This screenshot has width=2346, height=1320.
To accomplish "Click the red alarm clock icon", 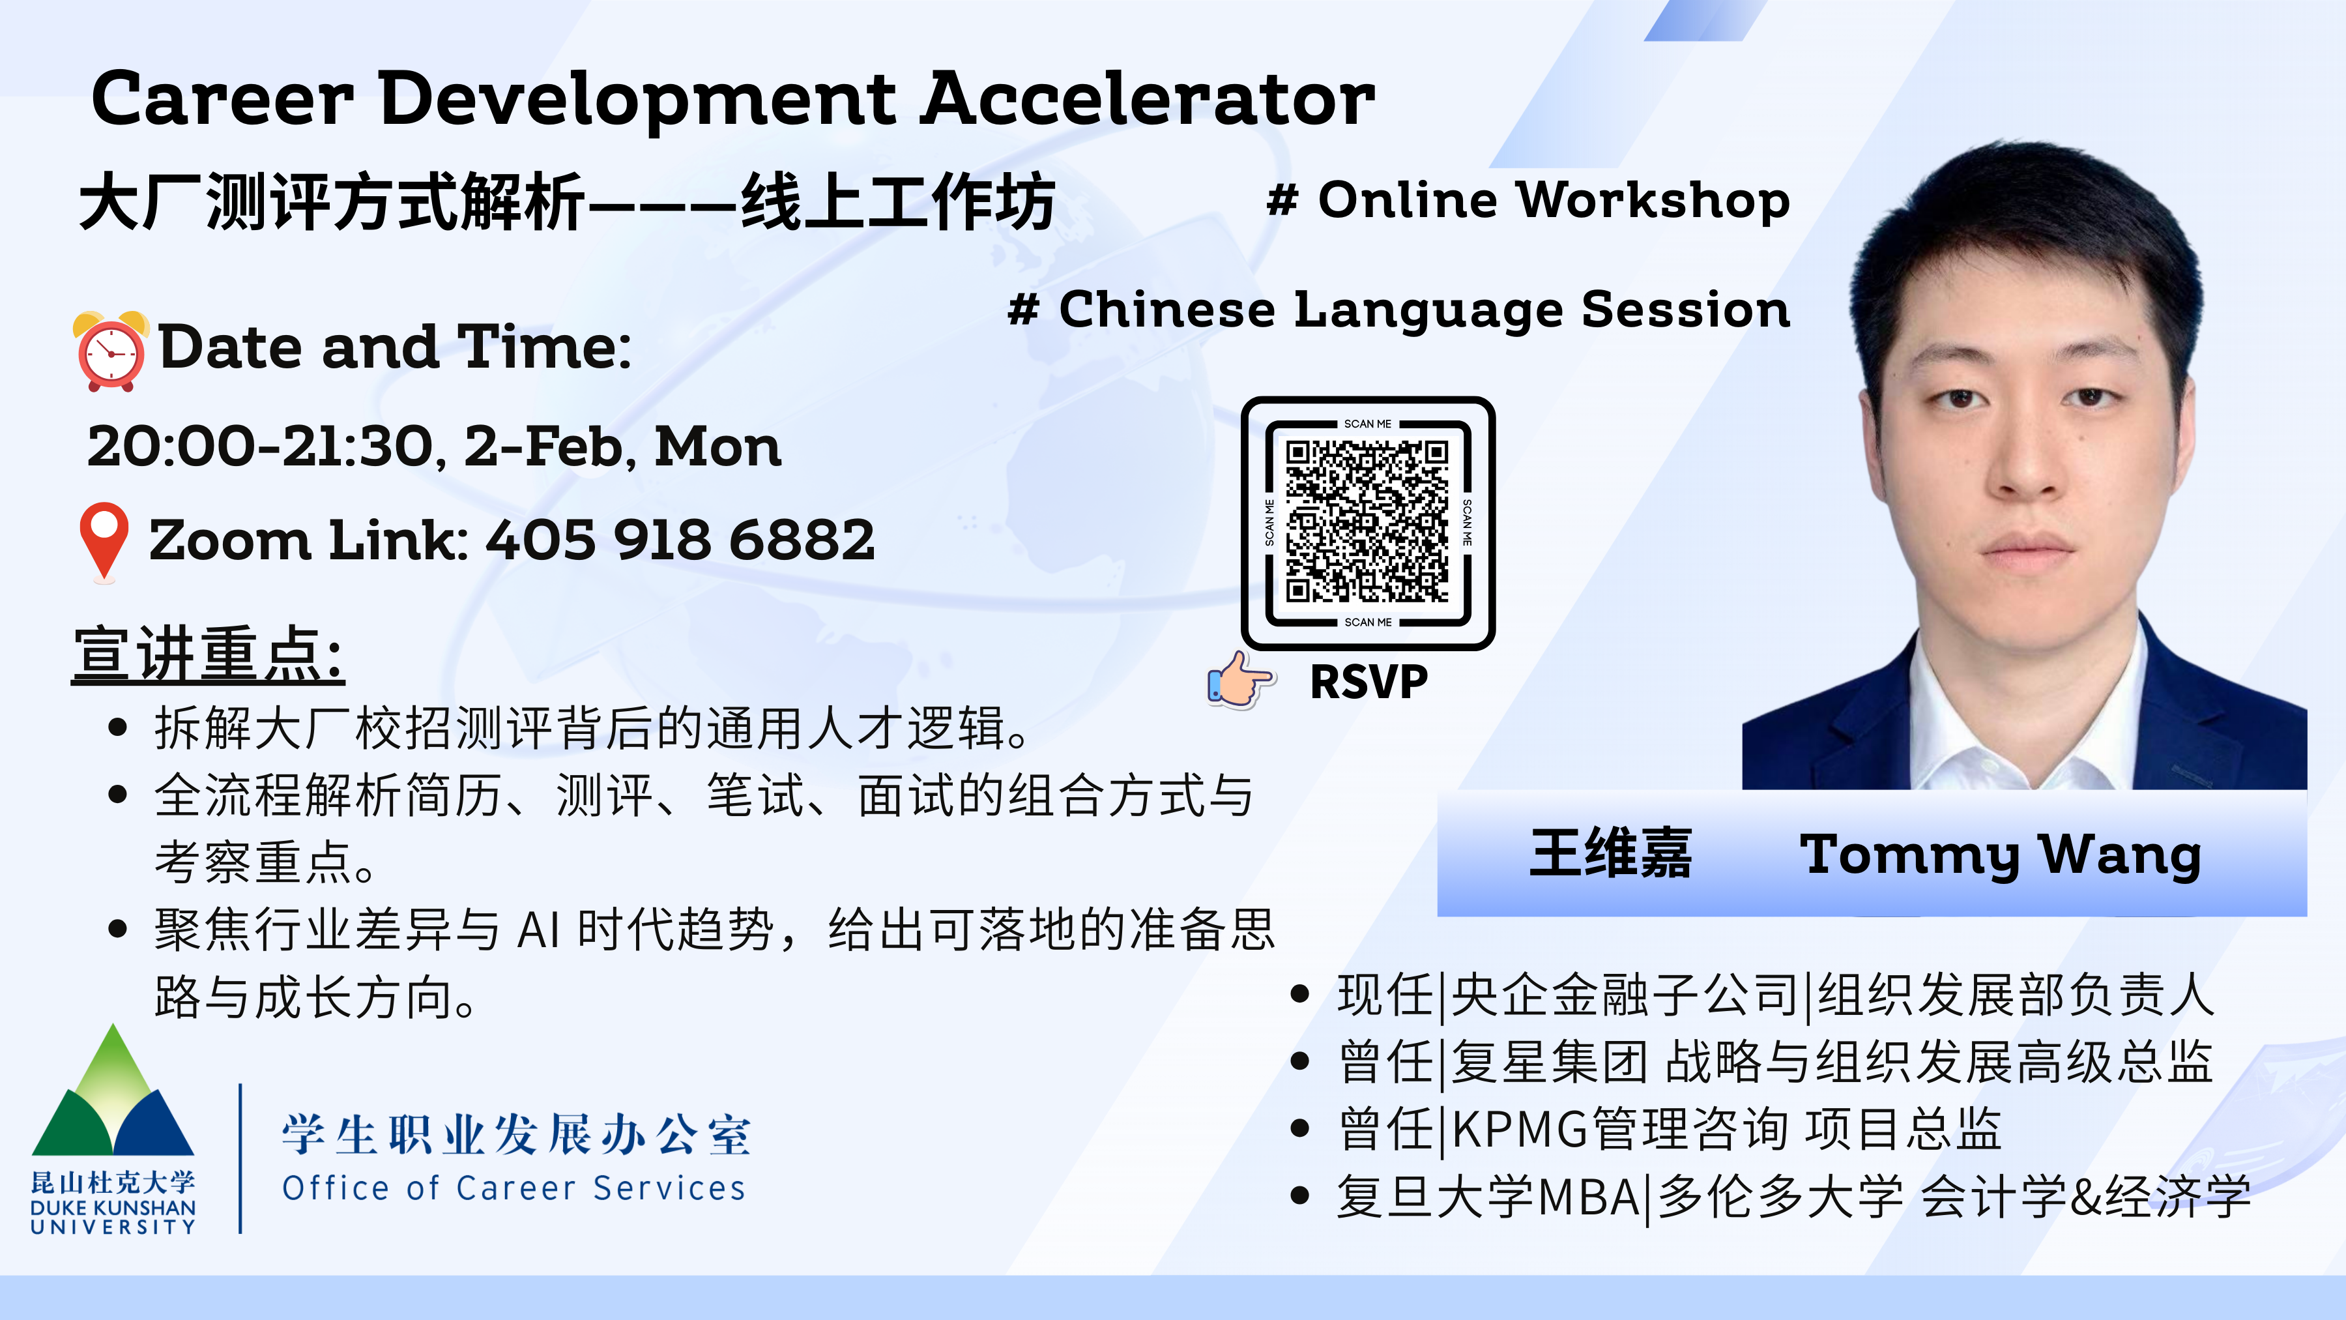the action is (x=110, y=351).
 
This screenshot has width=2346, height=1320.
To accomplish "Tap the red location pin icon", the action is (x=104, y=542).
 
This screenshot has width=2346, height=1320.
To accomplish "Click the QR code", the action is (x=1367, y=522).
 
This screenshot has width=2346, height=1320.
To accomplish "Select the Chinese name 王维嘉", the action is (x=1611, y=853).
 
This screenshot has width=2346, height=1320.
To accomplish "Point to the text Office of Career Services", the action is (x=514, y=1188).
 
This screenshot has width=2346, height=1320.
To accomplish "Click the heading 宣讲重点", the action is (x=209, y=654).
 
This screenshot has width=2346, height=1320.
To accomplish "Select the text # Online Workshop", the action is (x=1528, y=199).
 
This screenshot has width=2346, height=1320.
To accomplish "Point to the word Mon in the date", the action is (x=717, y=447).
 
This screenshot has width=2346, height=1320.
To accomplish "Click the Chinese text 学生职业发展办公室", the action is (x=516, y=1135).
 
